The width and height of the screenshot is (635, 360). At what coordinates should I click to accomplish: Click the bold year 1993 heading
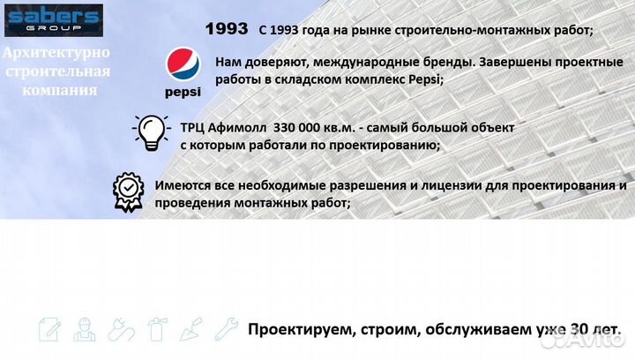226,29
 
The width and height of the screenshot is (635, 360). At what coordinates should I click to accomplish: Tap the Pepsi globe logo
183,66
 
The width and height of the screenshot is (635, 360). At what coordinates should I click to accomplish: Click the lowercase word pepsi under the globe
183,92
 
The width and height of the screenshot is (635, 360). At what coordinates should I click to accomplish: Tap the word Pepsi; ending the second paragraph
425,79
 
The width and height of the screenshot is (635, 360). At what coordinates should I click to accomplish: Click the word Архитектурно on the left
56,54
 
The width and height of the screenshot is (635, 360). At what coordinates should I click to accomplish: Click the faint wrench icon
227,329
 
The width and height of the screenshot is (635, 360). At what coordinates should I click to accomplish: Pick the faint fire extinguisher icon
157,329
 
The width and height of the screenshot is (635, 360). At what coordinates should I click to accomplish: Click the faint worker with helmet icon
84,329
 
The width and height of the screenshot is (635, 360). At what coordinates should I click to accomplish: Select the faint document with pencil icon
49,329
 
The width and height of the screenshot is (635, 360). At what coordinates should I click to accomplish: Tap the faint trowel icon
192,329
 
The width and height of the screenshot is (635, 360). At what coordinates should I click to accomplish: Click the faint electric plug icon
120,329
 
